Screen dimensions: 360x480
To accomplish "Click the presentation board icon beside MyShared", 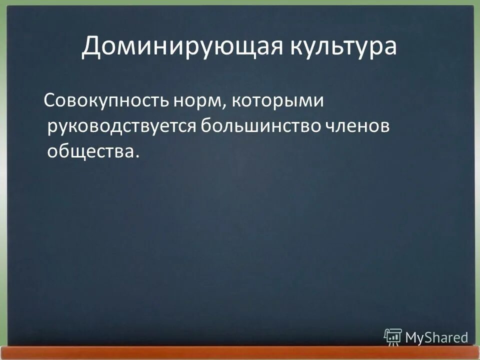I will point(392,337).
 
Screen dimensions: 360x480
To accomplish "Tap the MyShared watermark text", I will point(436,337).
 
